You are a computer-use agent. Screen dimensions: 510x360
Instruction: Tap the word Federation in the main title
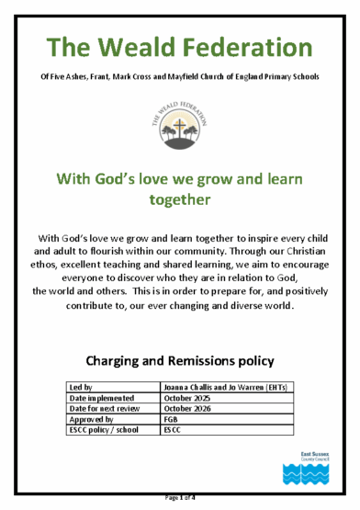click(246, 45)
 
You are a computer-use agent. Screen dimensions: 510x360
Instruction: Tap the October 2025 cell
click(191, 399)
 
